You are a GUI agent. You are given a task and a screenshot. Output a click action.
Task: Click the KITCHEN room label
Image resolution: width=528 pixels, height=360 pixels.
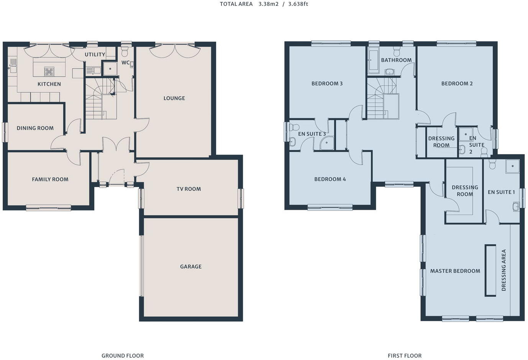pyautogui.click(x=49, y=84)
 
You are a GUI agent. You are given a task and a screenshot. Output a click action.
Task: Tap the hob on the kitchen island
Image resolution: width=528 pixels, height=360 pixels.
pyautogui.click(x=49, y=71)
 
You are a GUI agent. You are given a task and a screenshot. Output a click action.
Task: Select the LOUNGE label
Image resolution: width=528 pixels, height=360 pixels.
pyautogui.click(x=174, y=98)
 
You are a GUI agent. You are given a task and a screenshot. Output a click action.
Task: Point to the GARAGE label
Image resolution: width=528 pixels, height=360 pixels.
pyautogui.click(x=190, y=266)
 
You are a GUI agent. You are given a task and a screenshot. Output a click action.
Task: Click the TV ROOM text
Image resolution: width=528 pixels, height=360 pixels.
pyautogui.click(x=189, y=189)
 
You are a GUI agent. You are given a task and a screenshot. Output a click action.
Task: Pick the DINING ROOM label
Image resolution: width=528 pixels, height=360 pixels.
pyautogui.click(x=35, y=128)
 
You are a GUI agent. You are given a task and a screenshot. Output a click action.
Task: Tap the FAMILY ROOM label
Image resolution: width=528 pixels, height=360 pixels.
pyautogui.click(x=50, y=179)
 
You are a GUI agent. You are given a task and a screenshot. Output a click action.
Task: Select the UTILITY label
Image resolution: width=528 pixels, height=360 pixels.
pyautogui.click(x=95, y=54)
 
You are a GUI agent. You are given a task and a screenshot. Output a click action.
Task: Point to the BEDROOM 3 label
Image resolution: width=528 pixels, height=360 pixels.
pyautogui.click(x=327, y=83)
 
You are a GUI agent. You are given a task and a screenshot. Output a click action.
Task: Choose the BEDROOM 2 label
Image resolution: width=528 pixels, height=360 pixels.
pyautogui.click(x=457, y=83)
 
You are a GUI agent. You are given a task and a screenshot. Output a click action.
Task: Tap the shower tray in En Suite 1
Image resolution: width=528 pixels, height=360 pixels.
pyautogui.click(x=512, y=166)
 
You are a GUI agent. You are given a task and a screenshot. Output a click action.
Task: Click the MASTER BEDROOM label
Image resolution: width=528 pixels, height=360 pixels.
pyautogui.click(x=455, y=271)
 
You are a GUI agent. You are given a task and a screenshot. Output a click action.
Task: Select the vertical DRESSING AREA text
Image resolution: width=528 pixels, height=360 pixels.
pyautogui.click(x=503, y=270)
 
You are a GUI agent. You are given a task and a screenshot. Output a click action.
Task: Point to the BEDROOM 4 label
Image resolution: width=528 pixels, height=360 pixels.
pyautogui.click(x=330, y=179)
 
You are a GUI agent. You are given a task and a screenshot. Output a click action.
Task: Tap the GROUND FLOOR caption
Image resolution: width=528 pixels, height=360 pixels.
pyautogui.click(x=123, y=355)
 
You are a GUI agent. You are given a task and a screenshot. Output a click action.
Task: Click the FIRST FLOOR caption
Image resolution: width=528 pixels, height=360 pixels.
pyautogui.click(x=404, y=355)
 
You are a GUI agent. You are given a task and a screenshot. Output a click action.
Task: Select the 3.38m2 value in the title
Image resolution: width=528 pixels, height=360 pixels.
pyautogui.click(x=268, y=4)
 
